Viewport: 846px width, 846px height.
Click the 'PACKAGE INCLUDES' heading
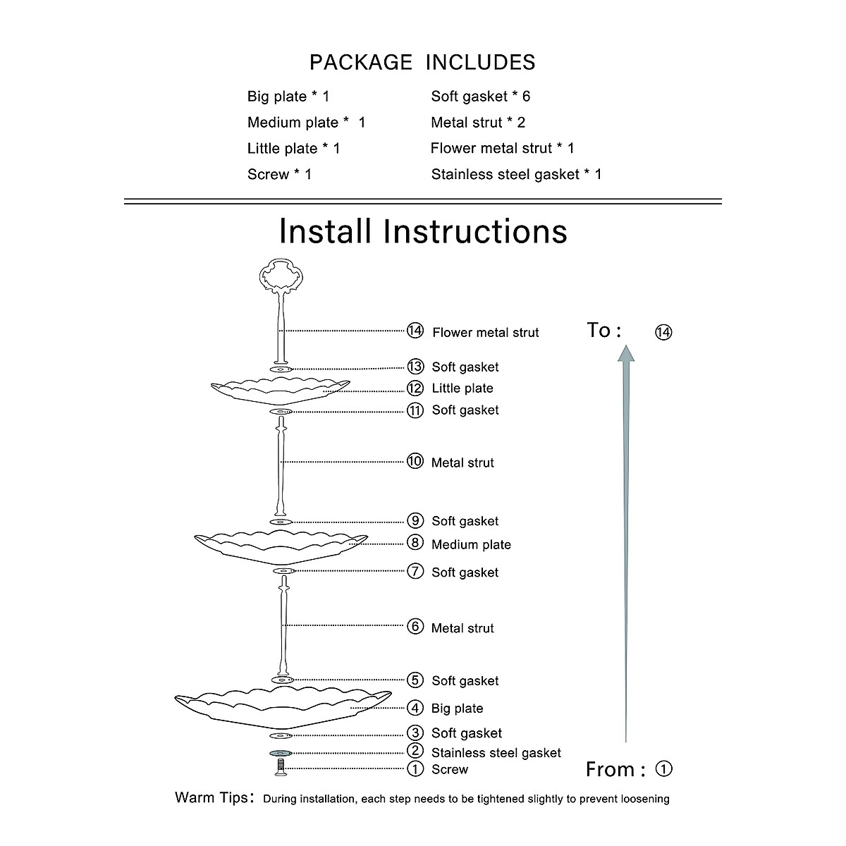422,63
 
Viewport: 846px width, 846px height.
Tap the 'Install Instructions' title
423,231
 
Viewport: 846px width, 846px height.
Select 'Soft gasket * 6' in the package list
480,97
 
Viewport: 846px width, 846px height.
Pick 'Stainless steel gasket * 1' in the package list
516,174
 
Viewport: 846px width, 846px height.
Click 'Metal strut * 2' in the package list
478,123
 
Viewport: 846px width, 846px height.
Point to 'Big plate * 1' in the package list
288,97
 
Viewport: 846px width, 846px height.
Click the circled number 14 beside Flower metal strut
415,331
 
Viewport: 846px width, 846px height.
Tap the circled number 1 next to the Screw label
416,768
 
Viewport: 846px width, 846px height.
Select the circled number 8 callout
416,543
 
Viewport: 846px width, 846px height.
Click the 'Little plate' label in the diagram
462,388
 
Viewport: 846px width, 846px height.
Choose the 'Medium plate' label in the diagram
471,544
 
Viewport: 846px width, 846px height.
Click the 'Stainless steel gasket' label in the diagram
496,753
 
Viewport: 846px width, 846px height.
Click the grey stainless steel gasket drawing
281,754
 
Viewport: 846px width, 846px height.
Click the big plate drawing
282,706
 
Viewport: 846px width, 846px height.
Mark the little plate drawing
281,391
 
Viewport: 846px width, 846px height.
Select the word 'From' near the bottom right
610,769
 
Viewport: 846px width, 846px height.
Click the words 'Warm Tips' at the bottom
211,798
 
